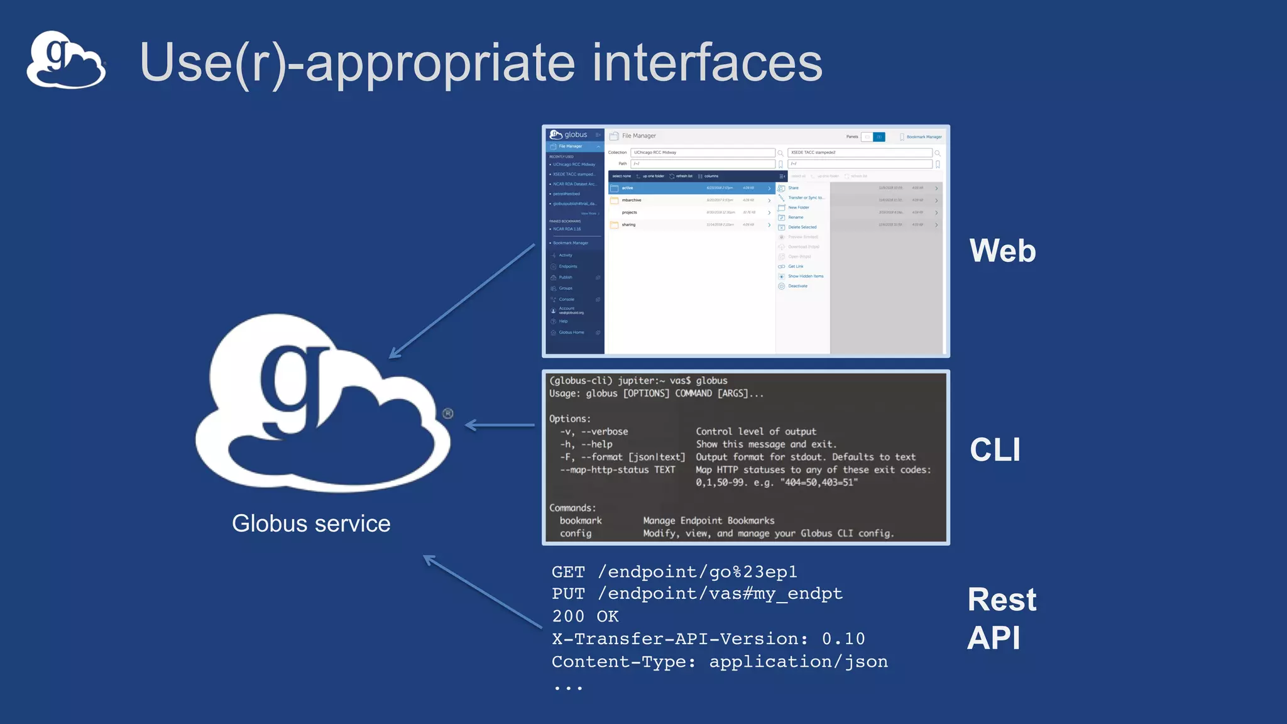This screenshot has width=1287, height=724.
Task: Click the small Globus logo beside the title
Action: (x=66, y=60)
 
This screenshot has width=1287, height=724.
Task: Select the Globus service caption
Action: (x=311, y=524)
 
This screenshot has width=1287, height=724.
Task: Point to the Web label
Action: (x=1002, y=251)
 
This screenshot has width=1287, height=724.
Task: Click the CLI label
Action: (x=995, y=450)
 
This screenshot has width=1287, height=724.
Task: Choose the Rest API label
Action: (x=1001, y=618)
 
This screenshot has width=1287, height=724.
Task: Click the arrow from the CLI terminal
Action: (x=500, y=425)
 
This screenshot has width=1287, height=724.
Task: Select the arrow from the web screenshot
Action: (x=462, y=302)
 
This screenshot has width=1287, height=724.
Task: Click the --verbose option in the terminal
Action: (x=604, y=432)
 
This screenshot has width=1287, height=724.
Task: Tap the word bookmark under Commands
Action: (x=581, y=521)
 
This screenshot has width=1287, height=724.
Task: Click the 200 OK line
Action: (x=585, y=617)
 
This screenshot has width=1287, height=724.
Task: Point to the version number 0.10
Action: (x=843, y=639)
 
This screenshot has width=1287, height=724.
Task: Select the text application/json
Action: (x=798, y=662)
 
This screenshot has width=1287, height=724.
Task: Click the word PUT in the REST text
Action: (x=568, y=594)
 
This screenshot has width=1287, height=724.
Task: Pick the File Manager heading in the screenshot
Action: (x=638, y=136)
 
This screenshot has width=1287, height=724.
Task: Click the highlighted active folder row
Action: (x=690, y=188)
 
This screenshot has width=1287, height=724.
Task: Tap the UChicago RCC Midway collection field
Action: (x=702, y=153)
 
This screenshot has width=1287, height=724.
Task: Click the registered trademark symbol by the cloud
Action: (x=448, y=414)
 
